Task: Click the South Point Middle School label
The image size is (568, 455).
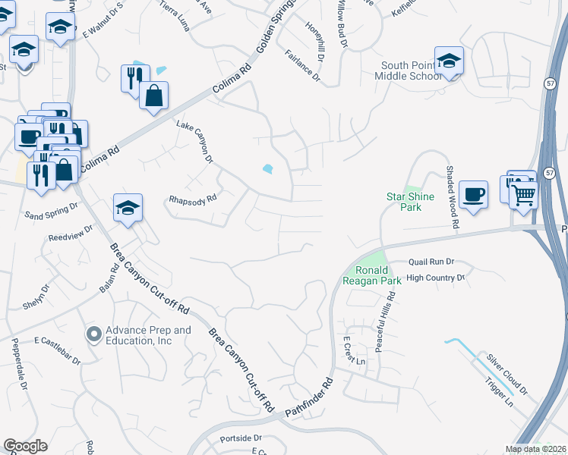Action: pos(411,71)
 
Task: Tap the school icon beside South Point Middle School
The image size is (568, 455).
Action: pos(449,60)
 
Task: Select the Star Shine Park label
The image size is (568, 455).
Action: pos(410,202)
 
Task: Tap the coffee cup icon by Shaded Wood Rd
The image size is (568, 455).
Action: pos(474,194)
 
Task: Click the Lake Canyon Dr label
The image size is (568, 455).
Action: pos(195,141)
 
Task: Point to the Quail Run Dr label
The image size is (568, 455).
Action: pos(431,261)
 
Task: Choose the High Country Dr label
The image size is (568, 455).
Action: pos(435,278)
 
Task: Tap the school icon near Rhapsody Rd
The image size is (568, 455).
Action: pos(128,207)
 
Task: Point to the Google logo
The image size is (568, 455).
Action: pos(25,446)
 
